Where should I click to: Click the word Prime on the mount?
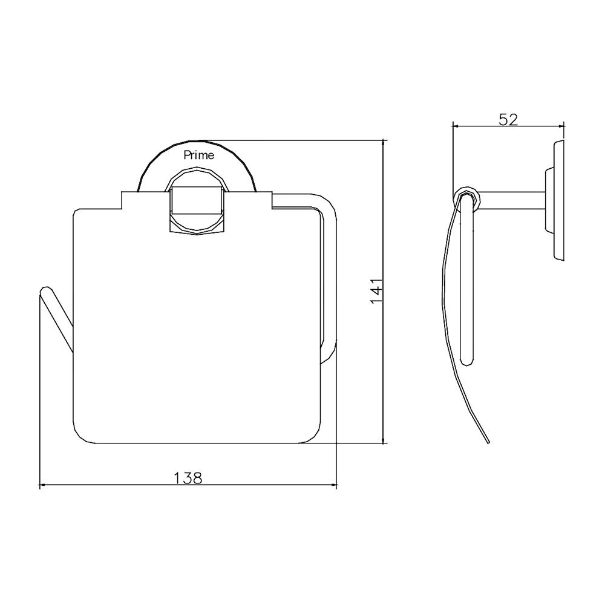[x=198, y=155]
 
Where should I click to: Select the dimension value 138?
[x=188, y=477]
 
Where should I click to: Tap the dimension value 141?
[x=376, y=290]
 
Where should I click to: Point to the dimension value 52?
[x=509, y=119]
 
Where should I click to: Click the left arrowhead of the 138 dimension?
[x=43, y=485]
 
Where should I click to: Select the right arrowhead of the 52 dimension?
[x=561, y=126]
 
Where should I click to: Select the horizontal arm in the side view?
[x=511, y=200]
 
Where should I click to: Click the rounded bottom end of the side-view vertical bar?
[x=466, y=361]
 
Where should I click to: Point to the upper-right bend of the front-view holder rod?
[x=329, y=206]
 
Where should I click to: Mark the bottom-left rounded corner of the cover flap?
[x=81, y=434]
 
